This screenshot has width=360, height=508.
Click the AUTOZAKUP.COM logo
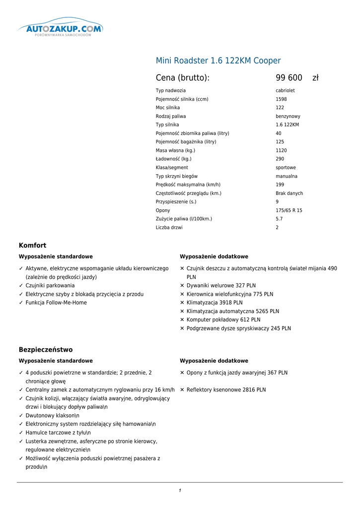coord(60,28)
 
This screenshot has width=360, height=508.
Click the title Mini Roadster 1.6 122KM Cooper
coord(218,61)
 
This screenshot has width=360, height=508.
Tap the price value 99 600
coord(289,78)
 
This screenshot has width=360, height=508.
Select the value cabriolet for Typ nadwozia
coord(285,91)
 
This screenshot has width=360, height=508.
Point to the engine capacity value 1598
coord(281,99)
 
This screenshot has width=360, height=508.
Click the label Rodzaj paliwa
coord(171,116)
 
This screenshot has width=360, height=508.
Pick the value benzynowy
coord(288,116)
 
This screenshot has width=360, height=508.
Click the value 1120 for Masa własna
coord(281,150)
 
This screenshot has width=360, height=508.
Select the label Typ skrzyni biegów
coord(176,176)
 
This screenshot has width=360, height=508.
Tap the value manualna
coord(287,176)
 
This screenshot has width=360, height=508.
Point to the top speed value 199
coord(280,185)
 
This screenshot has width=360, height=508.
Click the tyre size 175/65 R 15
coord(289,210)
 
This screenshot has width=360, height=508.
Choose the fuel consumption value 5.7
coord(279,219)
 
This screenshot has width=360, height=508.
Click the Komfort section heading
coord(32,245)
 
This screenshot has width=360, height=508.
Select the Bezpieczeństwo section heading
coord(46,349)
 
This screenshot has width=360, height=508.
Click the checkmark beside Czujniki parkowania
coord(21,286)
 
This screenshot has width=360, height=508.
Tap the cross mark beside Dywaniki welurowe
coord(182,286)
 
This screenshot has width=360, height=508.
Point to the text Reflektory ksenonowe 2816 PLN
coord(226,390)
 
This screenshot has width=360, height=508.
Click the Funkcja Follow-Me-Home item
coord(56,303)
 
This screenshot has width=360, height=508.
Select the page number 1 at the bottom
coord(180,491)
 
